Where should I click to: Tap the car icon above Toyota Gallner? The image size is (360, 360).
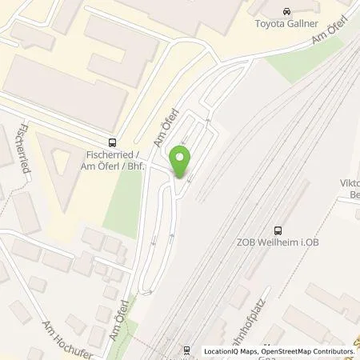286,11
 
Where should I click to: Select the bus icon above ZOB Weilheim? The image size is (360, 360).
278,228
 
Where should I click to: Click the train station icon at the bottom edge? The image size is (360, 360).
186,350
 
